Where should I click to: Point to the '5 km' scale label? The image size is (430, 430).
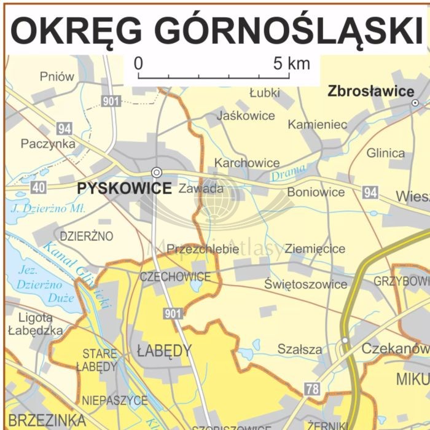click(292, 63)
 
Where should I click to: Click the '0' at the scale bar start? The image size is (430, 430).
click(139, 63)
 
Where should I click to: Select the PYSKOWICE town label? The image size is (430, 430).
click(125, 189)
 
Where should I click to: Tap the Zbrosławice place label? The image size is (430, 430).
click(371, 92)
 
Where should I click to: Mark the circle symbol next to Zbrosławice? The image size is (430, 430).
click(415, 103)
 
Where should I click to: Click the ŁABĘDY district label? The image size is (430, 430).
click(164, 351)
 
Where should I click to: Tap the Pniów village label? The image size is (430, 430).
click(57, 77)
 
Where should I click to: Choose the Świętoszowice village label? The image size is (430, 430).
click(305, 284)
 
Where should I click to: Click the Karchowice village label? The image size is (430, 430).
click(246, 163)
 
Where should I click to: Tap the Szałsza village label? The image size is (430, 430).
click(299, 349)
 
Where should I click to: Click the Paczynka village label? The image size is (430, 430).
click(48, 144)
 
